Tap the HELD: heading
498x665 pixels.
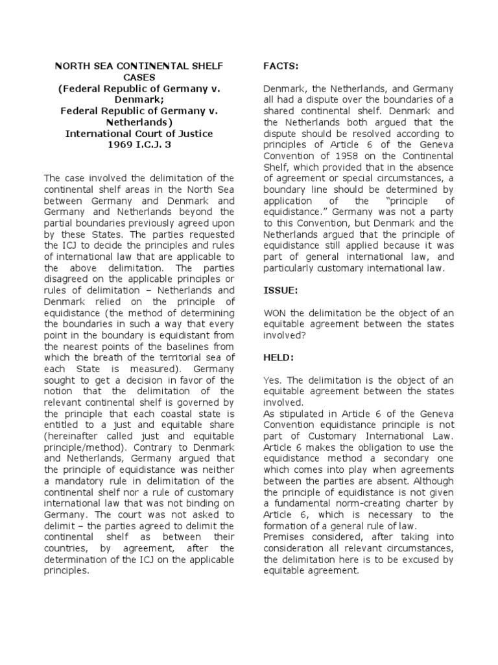point(278,358)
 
